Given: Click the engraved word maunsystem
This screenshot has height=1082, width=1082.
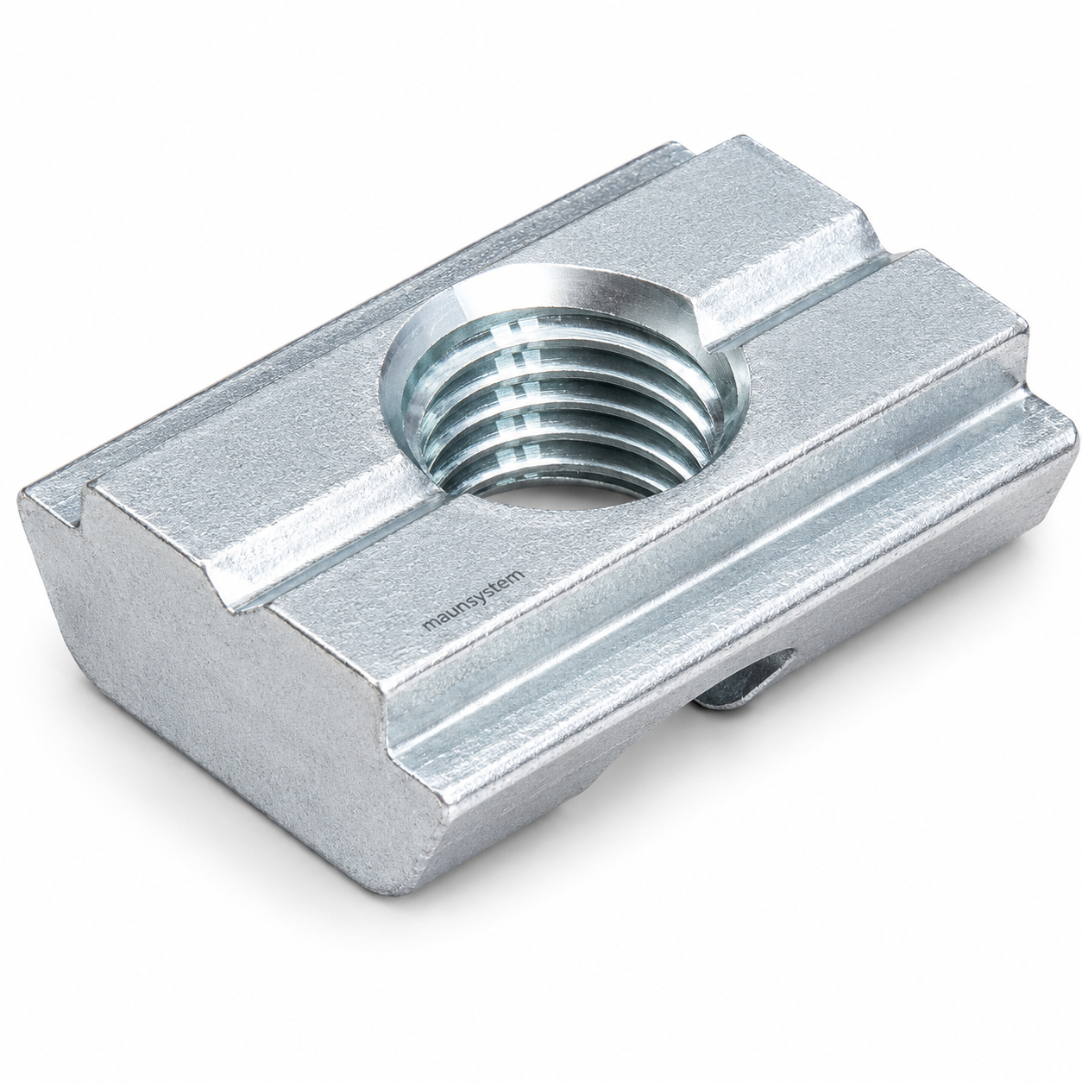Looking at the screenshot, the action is (x=474, y=601).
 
